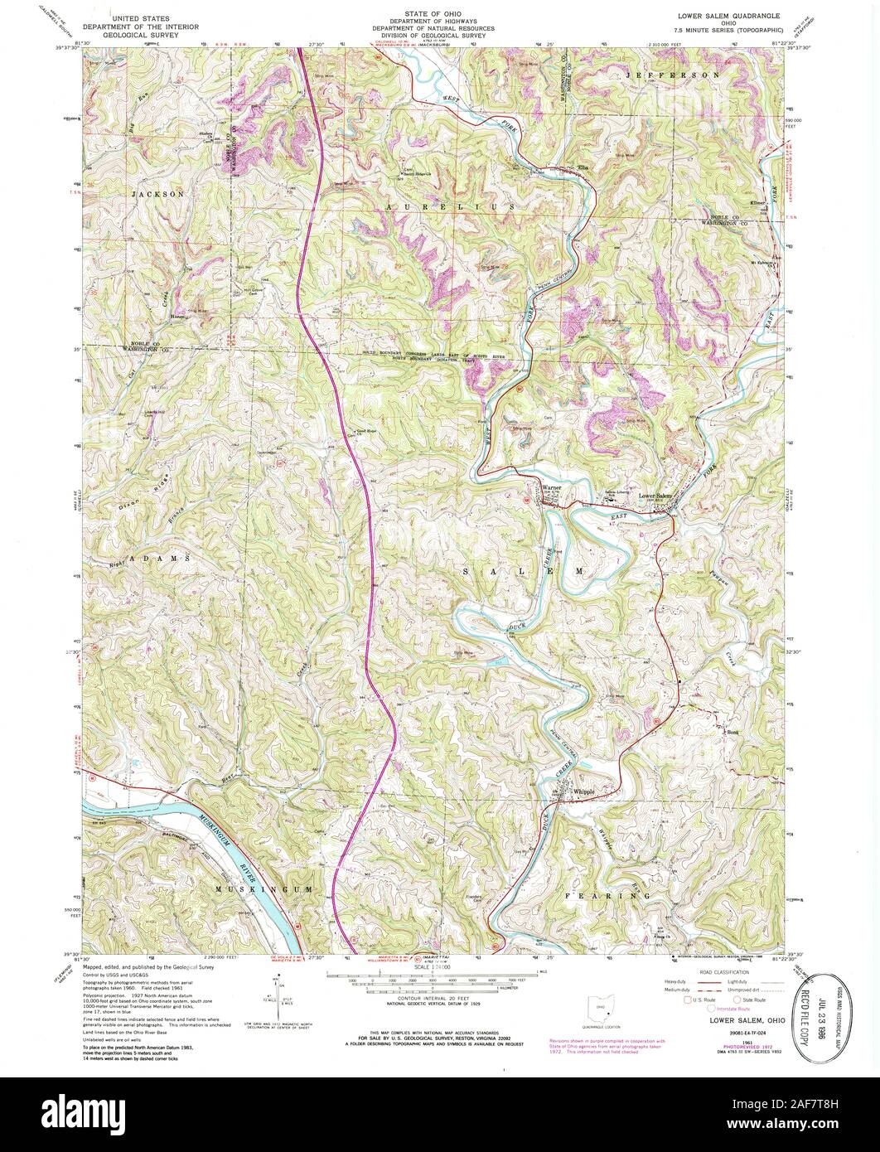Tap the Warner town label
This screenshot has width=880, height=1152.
[x=551, y=488]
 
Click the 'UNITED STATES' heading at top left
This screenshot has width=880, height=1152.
[x=135, y=17]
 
